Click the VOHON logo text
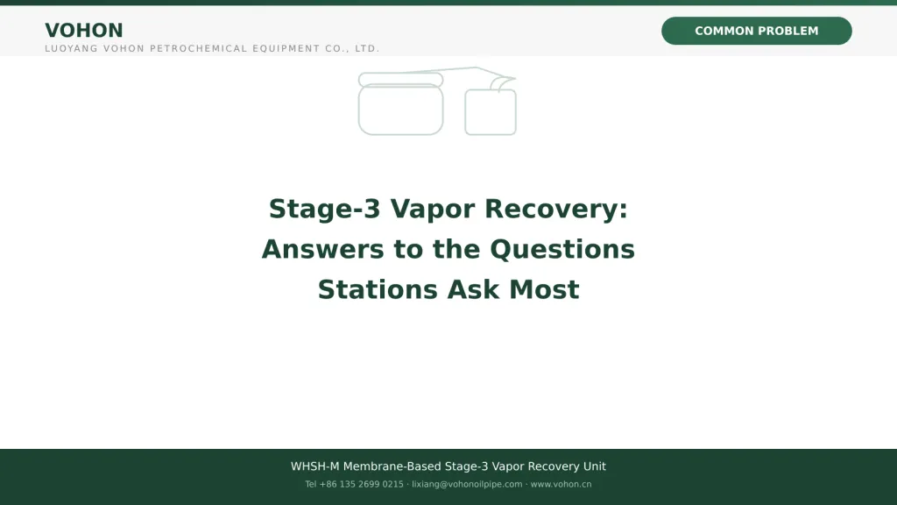pos(84,31)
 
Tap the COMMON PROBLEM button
pos(756,31)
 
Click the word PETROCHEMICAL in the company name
pos(198,49)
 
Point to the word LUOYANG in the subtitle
pos(72,49)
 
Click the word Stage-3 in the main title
pos(324,209)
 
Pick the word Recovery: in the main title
pos(556,210)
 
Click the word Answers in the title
pos(322,249)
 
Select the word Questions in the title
pos(562,249)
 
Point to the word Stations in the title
pos(378,289)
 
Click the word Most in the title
pos(544,289)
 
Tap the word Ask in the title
pos(473,289)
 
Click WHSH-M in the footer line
pos(314,466)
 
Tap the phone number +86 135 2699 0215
pos(361,484)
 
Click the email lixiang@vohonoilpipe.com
pos(467,484)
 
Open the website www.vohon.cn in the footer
pos(561,484)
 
